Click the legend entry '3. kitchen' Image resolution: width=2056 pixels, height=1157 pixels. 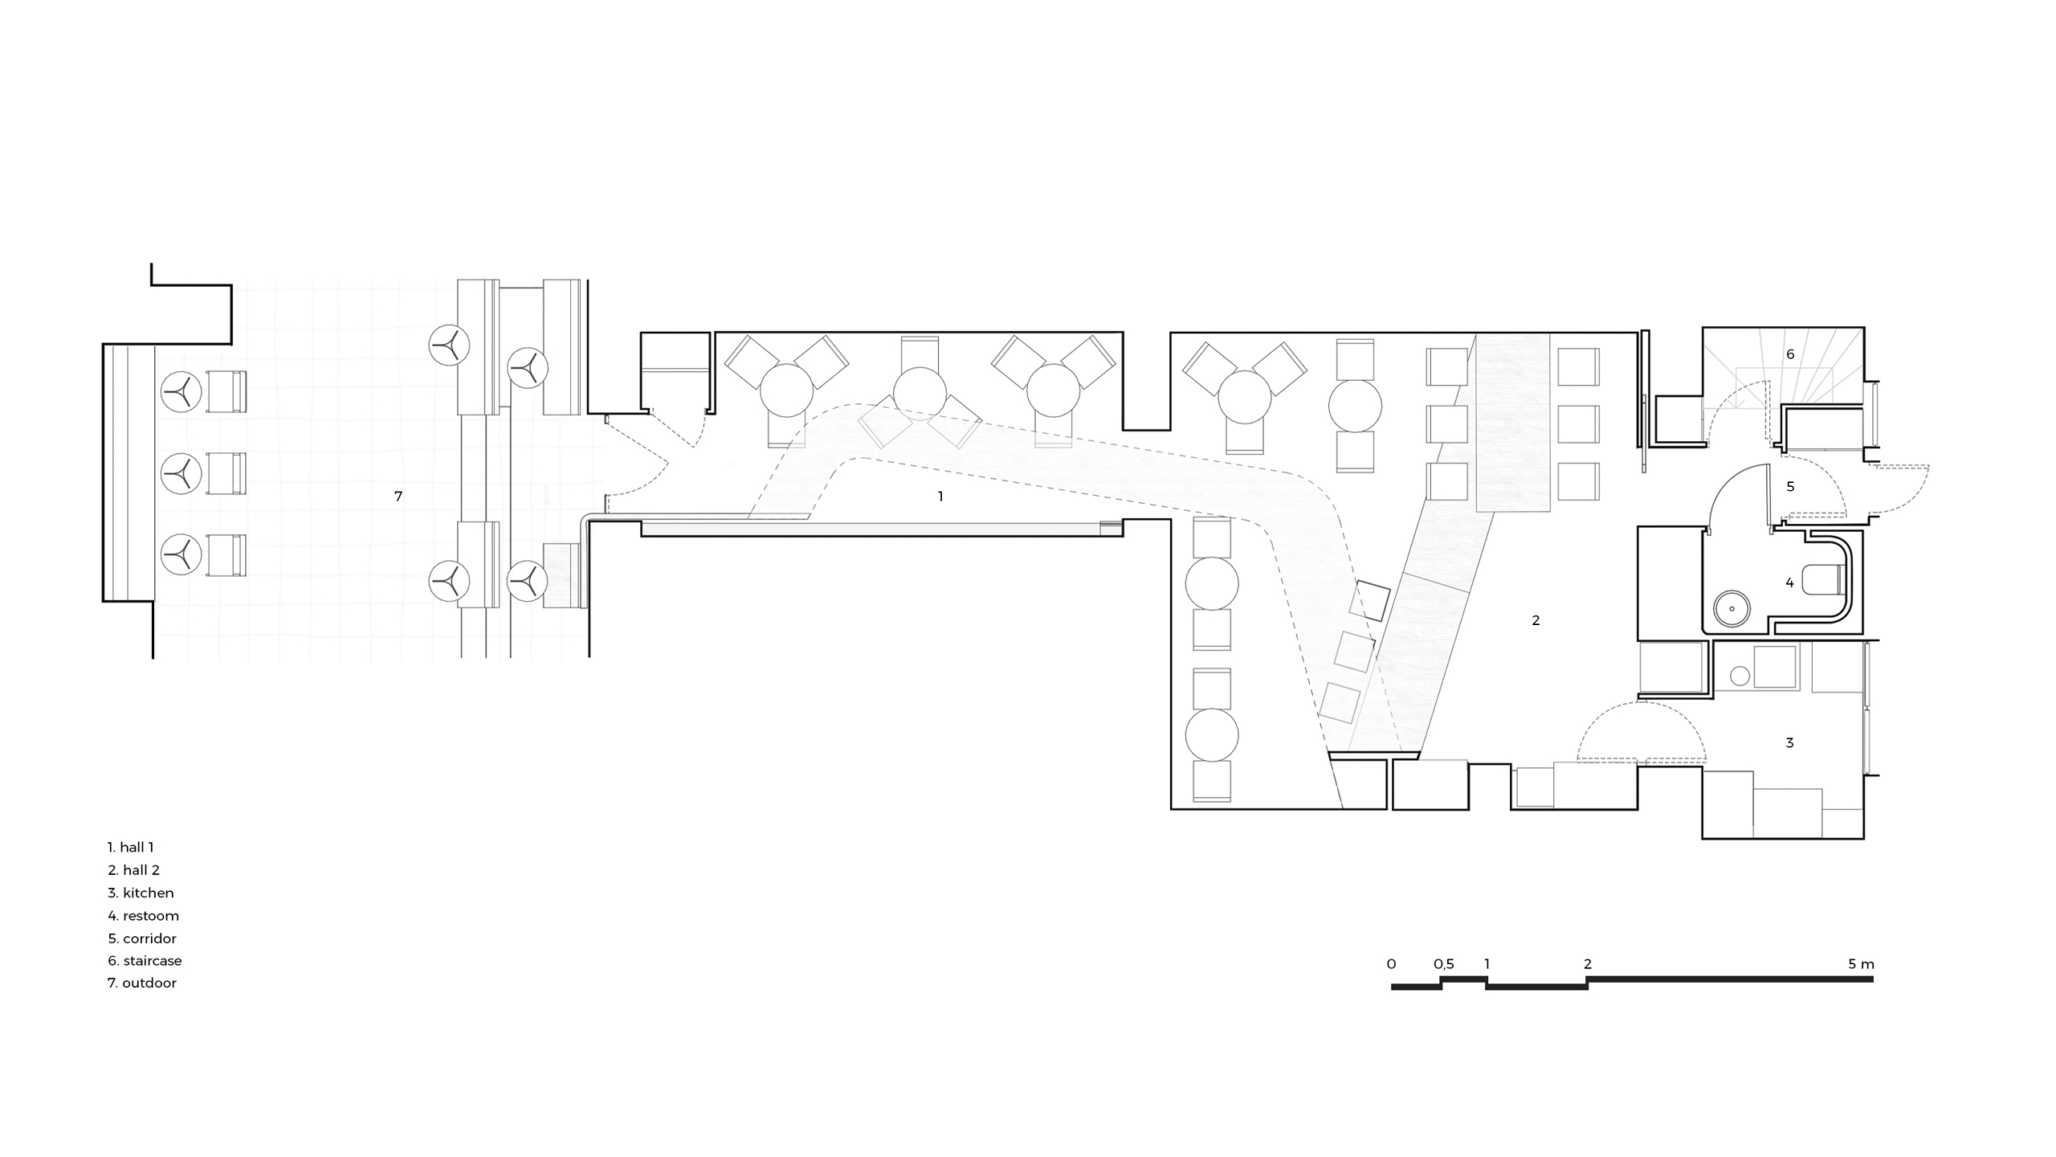pos(141,893)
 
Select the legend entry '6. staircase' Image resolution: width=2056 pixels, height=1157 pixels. pos(145,960)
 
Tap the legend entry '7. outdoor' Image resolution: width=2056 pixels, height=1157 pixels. pos(142,983)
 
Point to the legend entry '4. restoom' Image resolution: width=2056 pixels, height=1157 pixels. pos(143,915)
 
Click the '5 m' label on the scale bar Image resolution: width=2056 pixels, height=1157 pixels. pos(1861,963)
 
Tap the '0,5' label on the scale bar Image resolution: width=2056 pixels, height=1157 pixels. pos(1443,964)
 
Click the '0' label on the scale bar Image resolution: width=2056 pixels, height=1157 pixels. pos(1391,963)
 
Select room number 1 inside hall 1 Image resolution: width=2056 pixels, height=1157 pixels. pos(940,497)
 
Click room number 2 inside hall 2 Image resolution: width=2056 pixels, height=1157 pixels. pos(1536,620)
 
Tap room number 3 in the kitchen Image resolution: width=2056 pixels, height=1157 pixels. pos(1789,742)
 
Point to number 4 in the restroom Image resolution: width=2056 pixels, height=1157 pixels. pos(1789,583)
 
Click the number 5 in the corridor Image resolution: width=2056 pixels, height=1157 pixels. pos(1790,486)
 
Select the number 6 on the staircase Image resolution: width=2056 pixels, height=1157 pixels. pos(1790,354)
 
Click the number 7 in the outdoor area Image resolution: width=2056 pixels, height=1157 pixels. pos(398,497)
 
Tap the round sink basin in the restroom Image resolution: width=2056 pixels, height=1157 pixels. pos(1732,608)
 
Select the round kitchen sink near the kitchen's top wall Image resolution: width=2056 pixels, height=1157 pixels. pos(1740,676)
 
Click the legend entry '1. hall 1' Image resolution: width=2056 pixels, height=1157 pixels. pos(130,847)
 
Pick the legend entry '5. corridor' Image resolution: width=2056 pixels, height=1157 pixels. pos(142,938)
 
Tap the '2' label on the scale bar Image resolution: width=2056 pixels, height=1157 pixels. pos(1587,963)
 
